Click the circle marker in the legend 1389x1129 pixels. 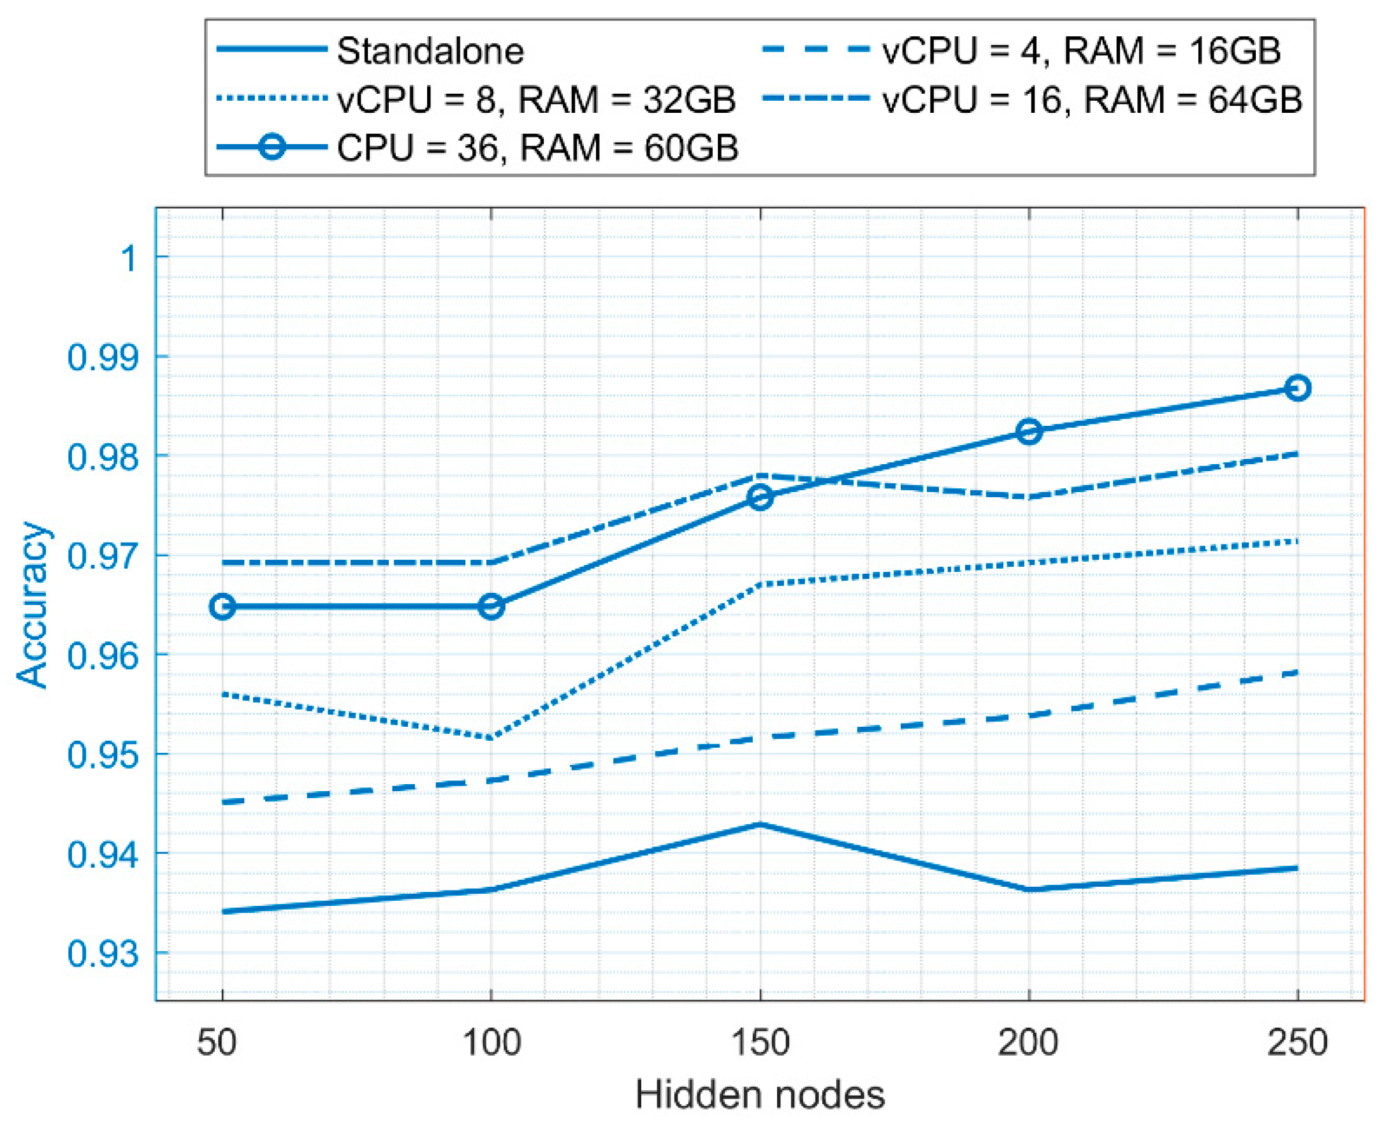(272, 148)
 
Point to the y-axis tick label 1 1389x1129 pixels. (130, 258)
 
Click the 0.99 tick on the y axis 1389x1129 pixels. (103, 357)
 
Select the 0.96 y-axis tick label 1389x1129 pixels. (103, 655)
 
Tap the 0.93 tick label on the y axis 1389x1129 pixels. (103, 954)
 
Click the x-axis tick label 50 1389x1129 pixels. (217, 1042)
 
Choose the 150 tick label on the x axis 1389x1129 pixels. (760, 1042)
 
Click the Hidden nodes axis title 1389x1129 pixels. (760, 1095)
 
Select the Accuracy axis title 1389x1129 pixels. (33, 604)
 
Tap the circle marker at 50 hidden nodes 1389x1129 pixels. (222, 607)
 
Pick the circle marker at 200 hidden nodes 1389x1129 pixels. (1029, 431)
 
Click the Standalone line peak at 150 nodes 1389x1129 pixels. (760, 825)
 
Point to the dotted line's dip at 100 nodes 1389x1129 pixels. (491, 738)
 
